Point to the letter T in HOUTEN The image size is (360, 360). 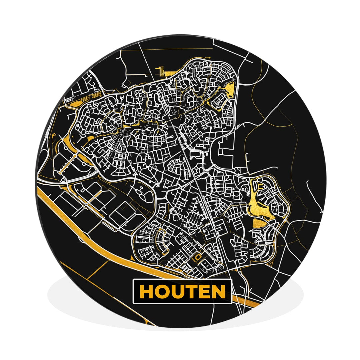[191, 292]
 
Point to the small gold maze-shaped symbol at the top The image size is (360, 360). [162, 70]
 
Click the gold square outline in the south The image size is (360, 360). [198, 257]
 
